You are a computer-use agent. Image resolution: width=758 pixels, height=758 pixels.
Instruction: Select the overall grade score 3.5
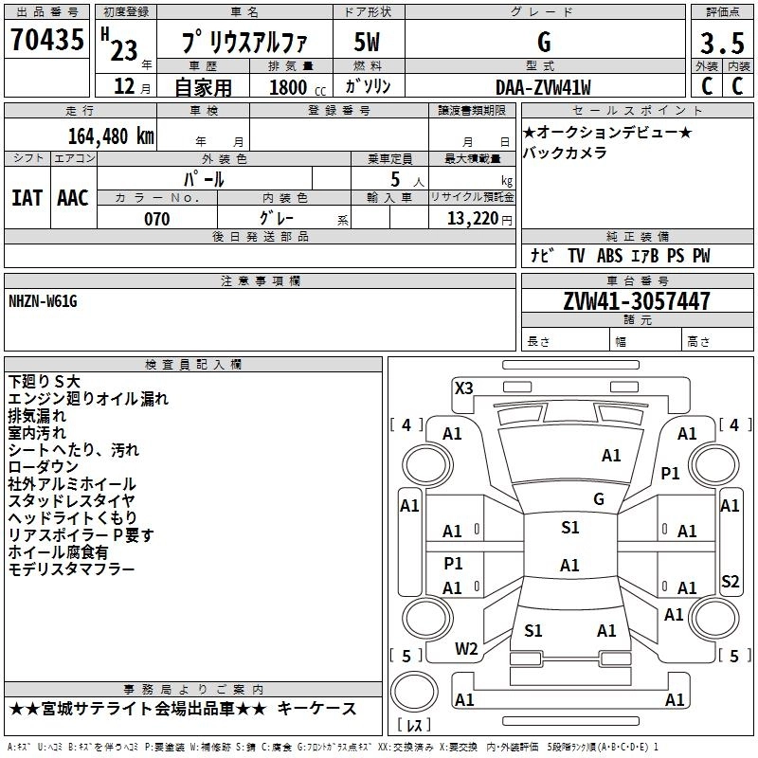pos(721,44)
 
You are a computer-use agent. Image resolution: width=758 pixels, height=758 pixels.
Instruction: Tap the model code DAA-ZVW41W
pos(543,87)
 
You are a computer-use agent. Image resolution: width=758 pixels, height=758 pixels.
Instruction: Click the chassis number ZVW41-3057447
pos(637,301)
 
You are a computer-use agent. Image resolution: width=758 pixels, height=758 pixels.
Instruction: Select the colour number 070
pos(156,219)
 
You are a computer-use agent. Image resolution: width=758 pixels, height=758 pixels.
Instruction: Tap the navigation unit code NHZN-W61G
pos(44,300)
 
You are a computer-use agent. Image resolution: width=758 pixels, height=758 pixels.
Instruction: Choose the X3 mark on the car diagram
pos(463,388)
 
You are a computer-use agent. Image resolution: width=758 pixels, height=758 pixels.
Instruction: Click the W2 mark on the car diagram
pos(465,649)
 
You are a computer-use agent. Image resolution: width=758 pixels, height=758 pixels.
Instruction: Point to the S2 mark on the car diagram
pos(730,582)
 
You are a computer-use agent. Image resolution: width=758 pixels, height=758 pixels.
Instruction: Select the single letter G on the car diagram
pos(598,499)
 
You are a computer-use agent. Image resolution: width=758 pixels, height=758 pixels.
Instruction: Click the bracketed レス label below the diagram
pos(413,727)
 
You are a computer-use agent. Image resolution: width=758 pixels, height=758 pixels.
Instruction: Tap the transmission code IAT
pos(27,197)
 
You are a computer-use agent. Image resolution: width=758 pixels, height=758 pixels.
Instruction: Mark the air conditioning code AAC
pos(72,197)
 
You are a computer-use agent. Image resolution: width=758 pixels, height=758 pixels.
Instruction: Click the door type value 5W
pos(367,42)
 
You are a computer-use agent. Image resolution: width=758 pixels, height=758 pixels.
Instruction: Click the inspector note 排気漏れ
pos(37,416)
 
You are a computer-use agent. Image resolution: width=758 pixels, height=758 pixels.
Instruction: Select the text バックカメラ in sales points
pos(565,153)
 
